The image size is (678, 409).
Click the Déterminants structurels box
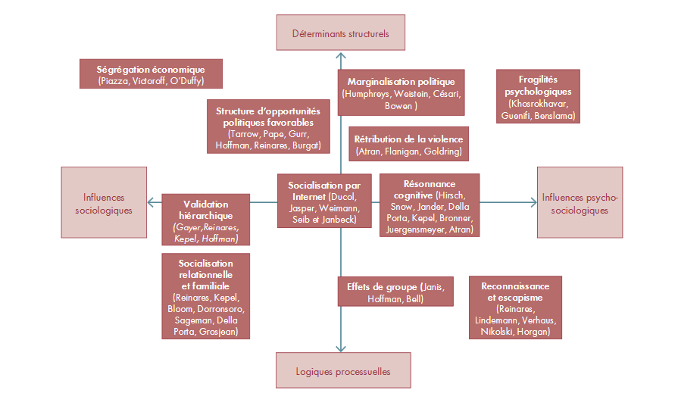click(341, 33)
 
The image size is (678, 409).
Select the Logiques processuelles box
click(343, 370)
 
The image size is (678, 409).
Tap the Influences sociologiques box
click(104, 202)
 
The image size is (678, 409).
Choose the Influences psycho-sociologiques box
click(580, 202)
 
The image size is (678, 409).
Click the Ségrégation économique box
click(151, 74)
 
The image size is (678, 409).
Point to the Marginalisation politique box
click(401, 92)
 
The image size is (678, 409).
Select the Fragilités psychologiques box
click(538, 96)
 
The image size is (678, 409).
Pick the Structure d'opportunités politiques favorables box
click(268, 126)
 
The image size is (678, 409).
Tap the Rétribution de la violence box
click(408, 144)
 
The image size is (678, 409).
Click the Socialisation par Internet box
click(324, 201)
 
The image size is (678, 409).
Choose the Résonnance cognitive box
click(430, 205)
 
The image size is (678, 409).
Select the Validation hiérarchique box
click(206, 220)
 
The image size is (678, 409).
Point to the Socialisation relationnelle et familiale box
click(206, 296)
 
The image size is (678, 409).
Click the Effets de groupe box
click(395, 292)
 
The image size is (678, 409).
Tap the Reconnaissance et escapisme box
click(515, 308)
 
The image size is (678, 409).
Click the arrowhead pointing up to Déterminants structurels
click(341, 55)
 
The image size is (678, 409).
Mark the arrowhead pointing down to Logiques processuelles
click(341, 348)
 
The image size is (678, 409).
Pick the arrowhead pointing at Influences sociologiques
click(152, 202)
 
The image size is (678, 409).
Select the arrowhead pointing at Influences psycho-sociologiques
click(533, 202)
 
